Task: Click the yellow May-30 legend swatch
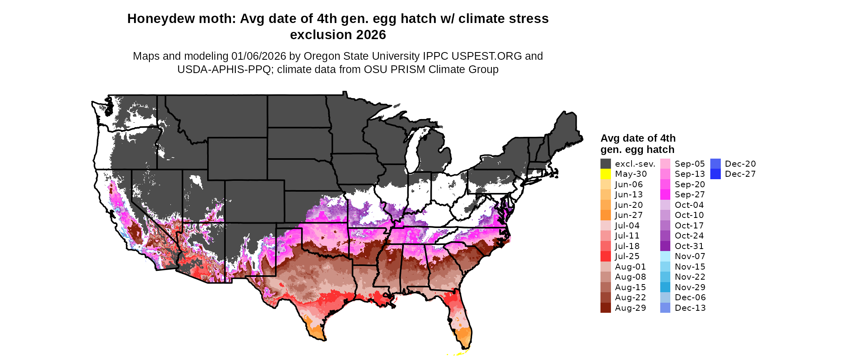pyautogui.click(x=605, y=174)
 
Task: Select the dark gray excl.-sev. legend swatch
pyautogui.click(x=605, y=164)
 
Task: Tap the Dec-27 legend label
pyautogui.click(x=740, y=174)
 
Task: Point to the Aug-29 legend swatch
pyautogui.click(x=605, y=308)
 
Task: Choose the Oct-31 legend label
pyautogui.click(x=689, y=246)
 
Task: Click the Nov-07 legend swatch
pyautogui.click(x=665, y=256)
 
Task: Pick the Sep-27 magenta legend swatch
pyautogui.click(x=665, y=195)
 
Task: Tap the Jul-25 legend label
pyautogui.click(x=627, y=256)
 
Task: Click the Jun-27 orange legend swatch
pyautogui.click(x=605, y=215)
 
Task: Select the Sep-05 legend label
pyautogui.click(x=689, y=164)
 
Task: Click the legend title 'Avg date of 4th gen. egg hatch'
pyautogui.click(x=638, y=144)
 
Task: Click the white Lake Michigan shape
pyautogui.click(x=412, y=153)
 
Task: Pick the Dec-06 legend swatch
pyautogui.click(x=665, y=297)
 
